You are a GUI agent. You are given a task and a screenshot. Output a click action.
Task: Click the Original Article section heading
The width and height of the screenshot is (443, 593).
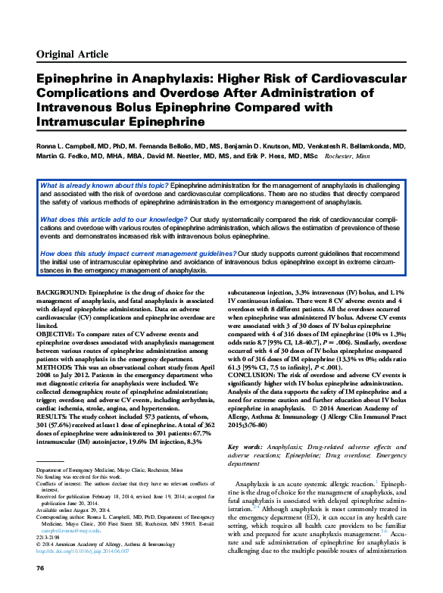tap(72, 55)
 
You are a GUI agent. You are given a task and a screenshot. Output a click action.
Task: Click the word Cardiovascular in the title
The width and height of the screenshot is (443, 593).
tap(356, 78)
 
